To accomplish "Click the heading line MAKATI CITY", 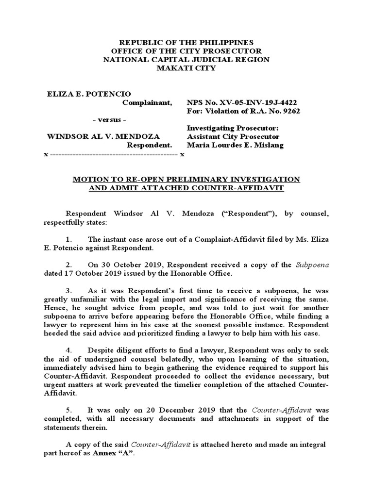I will pyautogui.click(x=187, y=68).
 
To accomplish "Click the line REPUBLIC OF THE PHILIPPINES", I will pyautogui.click(x=187, y=42).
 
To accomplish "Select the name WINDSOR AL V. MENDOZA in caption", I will pyautogui.click(x=102, y=136).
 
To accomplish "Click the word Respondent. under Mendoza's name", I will pyautogui.click(x=149, y=145).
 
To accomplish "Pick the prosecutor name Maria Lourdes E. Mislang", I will pyautogui.click(x=235, y=145).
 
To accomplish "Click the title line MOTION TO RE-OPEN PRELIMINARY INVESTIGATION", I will pyautogui.click(x=186, y=180).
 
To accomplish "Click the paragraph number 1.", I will pyautogui.click(x=68, y=240).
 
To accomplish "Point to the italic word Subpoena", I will pyautogui.click(x=312, y=265).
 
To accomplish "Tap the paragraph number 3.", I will pyautogui.click(x=68, y=290).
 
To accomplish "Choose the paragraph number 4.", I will pyautogui.click(x=68, y=350).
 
